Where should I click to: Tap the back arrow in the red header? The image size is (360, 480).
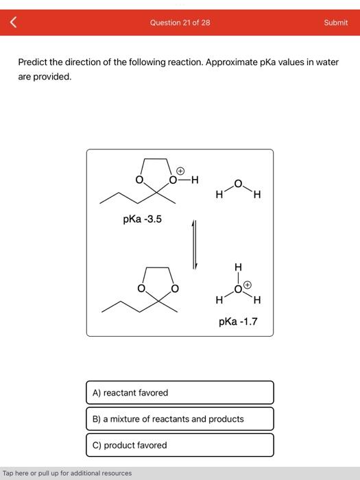[x=12, y=23]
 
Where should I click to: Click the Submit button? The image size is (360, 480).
[x=335, y=23]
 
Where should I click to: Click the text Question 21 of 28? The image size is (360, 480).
[x=180, y=23]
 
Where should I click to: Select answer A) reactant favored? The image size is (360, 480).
[x=180, y=392]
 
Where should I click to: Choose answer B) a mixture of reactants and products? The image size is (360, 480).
[x=180, y=418]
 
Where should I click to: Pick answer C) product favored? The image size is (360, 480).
[x=180, y=445]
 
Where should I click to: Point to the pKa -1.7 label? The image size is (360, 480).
[x=238, y=320]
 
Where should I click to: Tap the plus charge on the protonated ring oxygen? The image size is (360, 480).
[x=181, y=169]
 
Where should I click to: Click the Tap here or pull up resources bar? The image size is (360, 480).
[x=67, y=473]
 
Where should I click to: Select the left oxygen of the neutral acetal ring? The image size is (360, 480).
[x=142, y=288]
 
